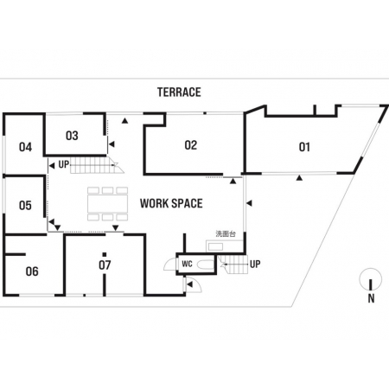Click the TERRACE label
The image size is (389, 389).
179,92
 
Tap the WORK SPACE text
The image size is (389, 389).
171,203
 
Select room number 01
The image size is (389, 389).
304,147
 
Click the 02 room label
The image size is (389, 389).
191,145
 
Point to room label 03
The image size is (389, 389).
72,136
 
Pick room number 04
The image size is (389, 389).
25,147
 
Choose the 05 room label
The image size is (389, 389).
25,206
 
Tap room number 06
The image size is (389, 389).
32,271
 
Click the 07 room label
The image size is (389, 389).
105,265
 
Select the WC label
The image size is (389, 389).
187,264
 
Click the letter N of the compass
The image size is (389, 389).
371,298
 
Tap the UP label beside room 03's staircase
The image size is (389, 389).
64,164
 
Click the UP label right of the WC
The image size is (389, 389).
255,264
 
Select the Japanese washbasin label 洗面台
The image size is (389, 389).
226,233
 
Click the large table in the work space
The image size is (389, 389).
107,204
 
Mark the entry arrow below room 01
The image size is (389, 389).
300,178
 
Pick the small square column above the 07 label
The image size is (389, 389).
105,254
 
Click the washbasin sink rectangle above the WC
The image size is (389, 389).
215,247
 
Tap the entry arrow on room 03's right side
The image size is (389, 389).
112,144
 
